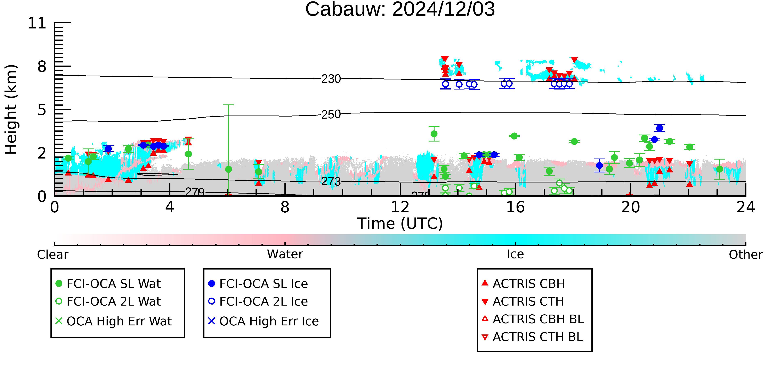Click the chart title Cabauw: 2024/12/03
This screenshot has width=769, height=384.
(400, 10)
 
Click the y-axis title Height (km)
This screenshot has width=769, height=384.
(11, 109)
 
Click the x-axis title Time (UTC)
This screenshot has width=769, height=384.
(400, 224)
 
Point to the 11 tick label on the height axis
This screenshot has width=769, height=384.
(37, 23)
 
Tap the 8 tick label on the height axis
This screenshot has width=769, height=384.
(42, 67)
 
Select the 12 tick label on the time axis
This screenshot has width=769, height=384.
(400, 207)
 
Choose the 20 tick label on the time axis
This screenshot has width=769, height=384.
(631, 207)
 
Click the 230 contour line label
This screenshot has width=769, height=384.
(331, 79)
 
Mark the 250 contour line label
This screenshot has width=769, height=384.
(331, 114)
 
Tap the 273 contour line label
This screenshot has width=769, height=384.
(331, 182)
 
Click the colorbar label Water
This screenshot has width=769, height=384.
(285, 254)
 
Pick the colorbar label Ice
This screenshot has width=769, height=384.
(515, 254)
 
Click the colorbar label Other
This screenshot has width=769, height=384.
(746, 255)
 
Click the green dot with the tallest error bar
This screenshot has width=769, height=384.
(229, 169)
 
